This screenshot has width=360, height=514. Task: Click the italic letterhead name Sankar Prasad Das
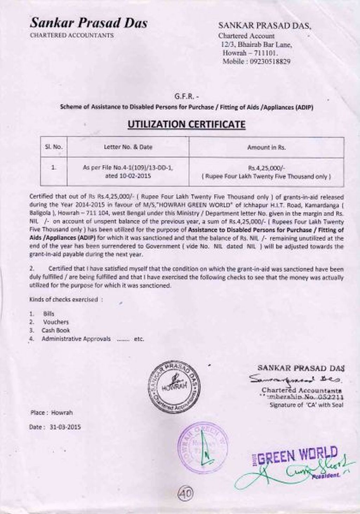coord(89,23)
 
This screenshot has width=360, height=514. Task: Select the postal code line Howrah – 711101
coord(250,53)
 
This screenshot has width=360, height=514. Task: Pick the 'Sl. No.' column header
coord(53,147)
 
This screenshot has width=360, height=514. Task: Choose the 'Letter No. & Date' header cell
coord(128,147)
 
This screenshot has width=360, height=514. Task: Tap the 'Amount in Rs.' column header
coord(266,148)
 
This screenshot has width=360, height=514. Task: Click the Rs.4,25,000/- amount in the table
coord(266,168)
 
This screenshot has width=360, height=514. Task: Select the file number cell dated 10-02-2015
coord(128,172)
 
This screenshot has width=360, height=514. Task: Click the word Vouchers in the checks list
coord(56,322)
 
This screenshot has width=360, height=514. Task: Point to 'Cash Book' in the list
coord(56,330)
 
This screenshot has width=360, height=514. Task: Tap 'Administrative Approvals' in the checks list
coord(76,339)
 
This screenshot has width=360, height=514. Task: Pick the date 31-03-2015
coord(65,427)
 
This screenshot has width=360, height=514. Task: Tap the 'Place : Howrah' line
coord(51,412)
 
